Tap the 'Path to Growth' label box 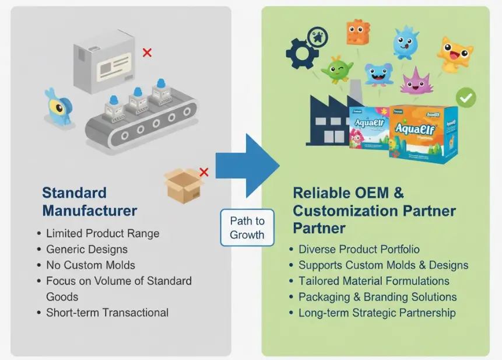(x=247, y=228)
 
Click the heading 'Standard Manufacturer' (x=90, y=202)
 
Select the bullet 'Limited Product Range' (x=103, y=233)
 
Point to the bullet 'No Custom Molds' (x=90, y=265)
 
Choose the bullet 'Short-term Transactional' (x=107, y=312)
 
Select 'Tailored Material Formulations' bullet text (x=374, y=281)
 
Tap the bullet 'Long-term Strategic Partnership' (x=377, y=313)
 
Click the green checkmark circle (x=466, y=97)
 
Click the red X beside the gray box (x=147, y=53)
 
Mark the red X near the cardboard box (x=204, y=172)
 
